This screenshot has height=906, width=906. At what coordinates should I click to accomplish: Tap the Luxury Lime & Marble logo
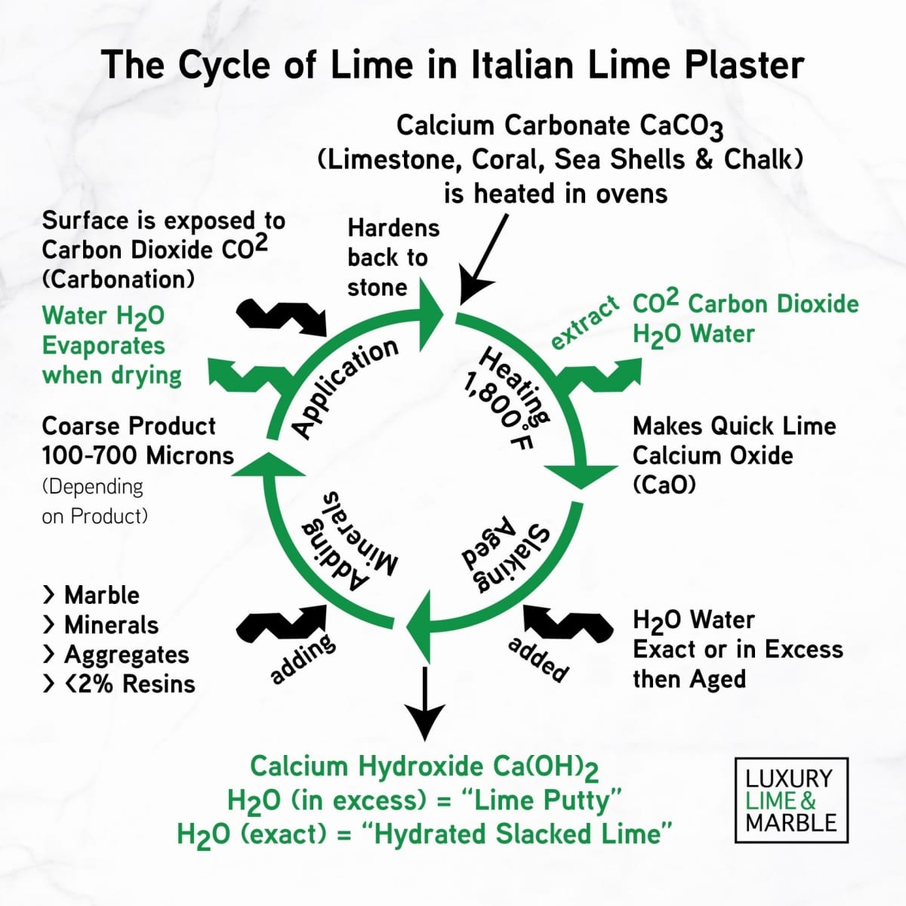point(791,800)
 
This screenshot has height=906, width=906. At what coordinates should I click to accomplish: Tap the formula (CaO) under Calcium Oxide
point(664,485)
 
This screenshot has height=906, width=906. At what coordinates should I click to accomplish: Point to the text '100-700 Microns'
point(138,455)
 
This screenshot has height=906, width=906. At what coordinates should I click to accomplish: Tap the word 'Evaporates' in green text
point(103,345)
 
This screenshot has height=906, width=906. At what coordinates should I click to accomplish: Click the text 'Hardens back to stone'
point(393,257)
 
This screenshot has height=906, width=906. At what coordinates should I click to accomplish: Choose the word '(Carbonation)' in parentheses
point(119,279)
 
